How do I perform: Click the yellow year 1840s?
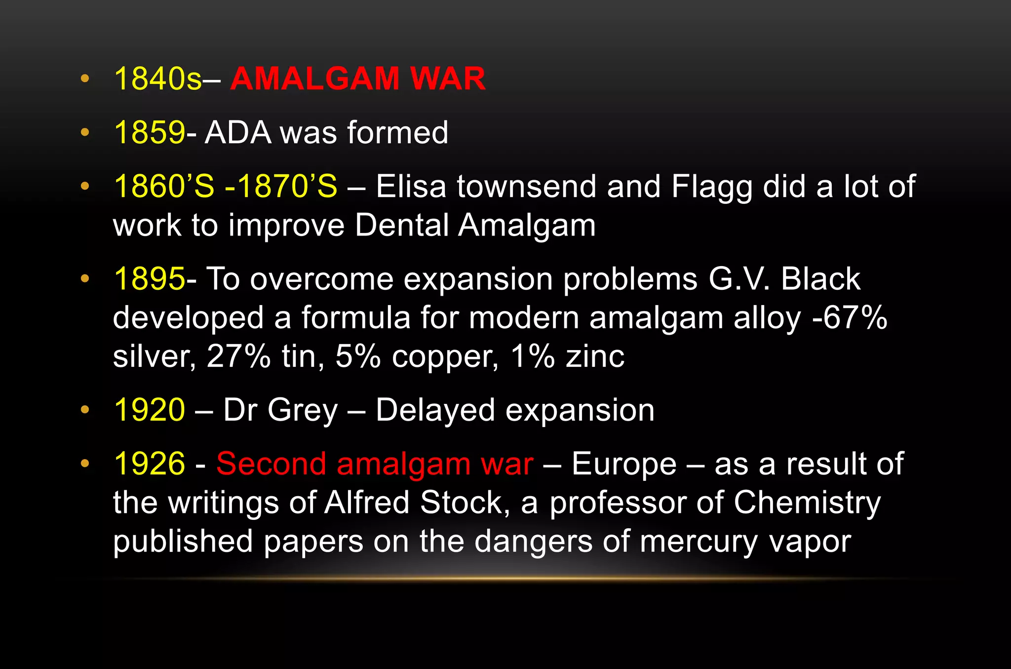point(157,79)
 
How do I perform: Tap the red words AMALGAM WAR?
point(358,79)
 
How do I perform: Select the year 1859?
point(150,133)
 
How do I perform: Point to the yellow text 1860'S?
point(164,187)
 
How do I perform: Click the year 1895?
point(150,279)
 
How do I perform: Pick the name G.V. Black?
point(784,279)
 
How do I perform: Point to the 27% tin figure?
point(238,356)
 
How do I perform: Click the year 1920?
point(150,410)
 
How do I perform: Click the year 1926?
point(150,464)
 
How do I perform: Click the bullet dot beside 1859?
point(85,132)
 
